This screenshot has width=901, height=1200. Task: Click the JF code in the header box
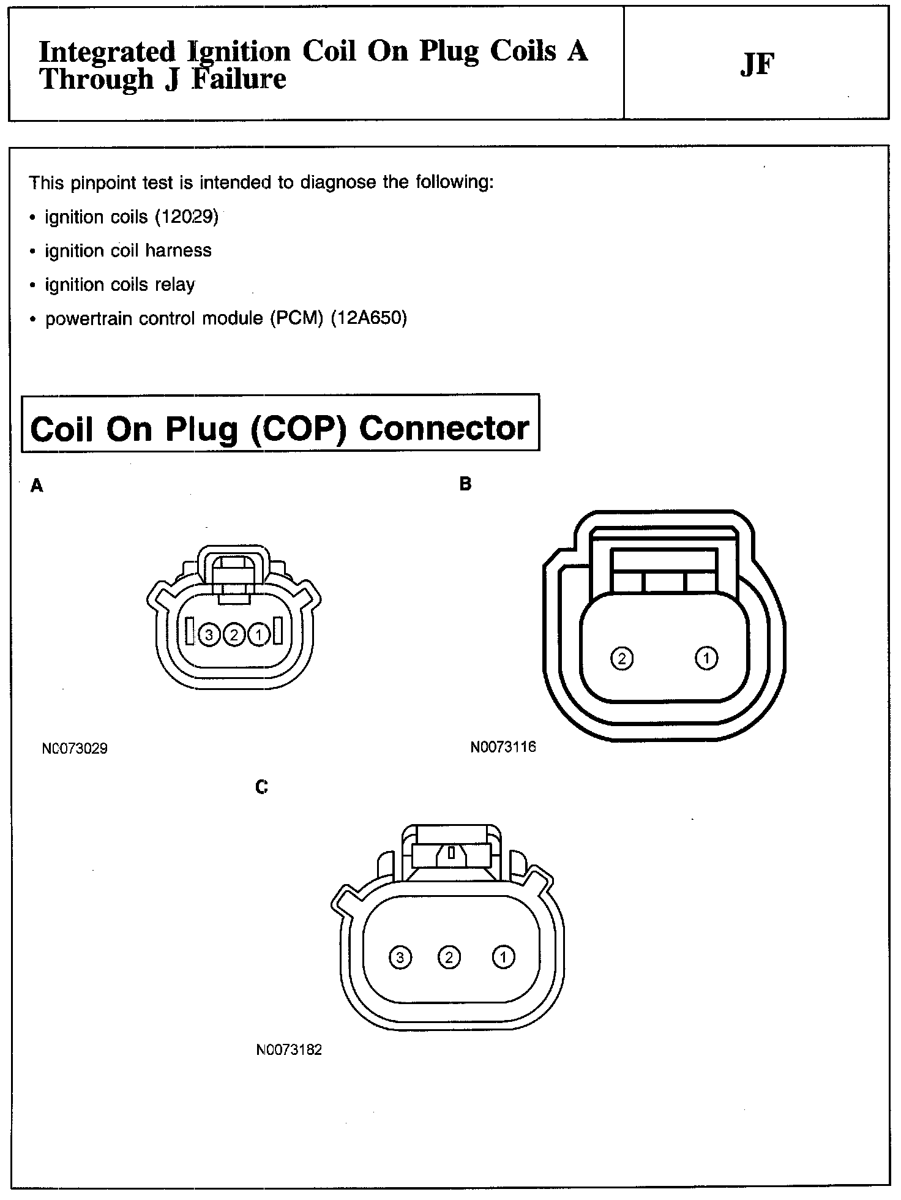tap(757, 65)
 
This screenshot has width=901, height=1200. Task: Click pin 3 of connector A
tap(209, 635)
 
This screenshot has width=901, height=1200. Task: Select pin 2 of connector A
tap(234, 635)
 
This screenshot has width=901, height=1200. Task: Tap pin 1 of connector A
tap(259, 635)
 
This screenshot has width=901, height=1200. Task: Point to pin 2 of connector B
tap(622, 659)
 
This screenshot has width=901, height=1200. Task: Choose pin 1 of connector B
tap(706, 659)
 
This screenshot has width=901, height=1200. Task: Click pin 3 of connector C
tap(400, 957)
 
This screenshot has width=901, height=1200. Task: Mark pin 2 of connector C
tap(449, 957)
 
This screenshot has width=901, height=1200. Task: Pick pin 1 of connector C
tap(503, 957)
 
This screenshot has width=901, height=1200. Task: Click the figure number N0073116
tap(503, 747)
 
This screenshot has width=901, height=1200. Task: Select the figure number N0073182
tap(289, 1050)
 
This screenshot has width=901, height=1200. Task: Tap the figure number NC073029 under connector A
tap(75, 748)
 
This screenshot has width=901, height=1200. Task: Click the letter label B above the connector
tap(465, 484)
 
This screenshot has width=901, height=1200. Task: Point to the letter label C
tap(261, 787)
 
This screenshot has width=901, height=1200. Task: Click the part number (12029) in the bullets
tap(187, 217)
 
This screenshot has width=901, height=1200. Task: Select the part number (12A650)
tap(368, 318)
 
